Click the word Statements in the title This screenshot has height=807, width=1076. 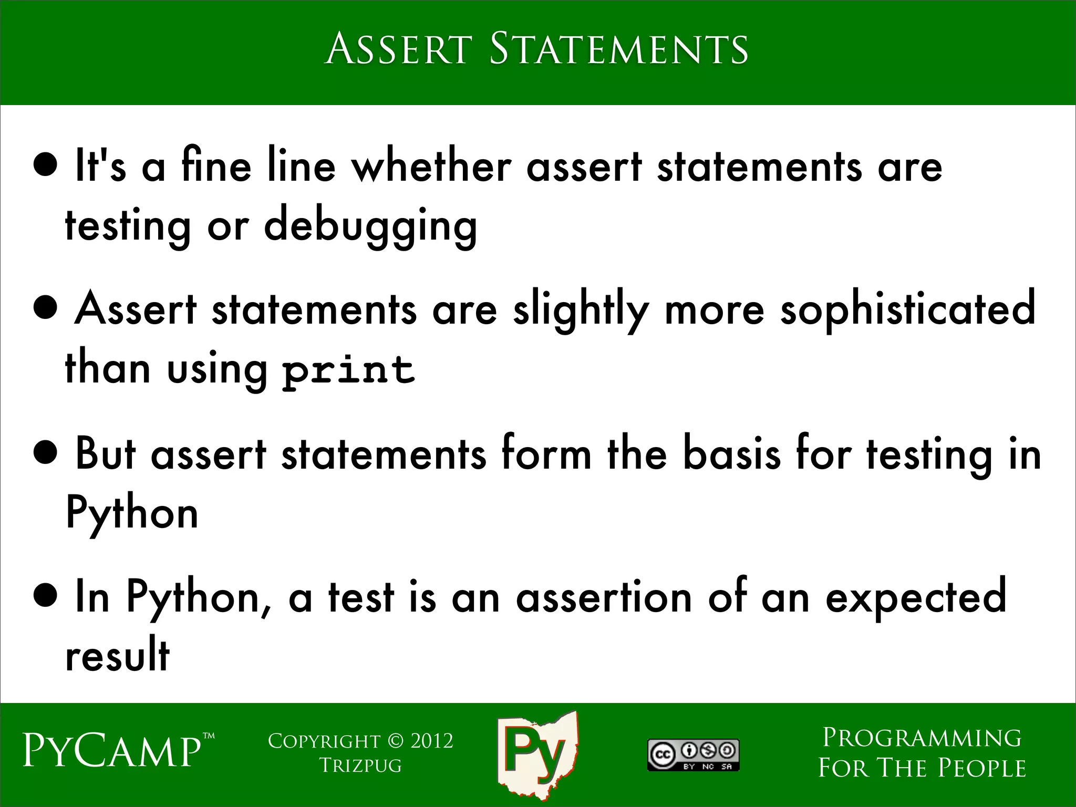618,49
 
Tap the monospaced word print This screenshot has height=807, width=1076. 348,369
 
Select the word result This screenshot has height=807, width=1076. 117,655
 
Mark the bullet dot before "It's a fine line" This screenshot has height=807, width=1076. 45,167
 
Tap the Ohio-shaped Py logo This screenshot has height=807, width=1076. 537,755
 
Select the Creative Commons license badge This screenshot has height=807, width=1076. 693,755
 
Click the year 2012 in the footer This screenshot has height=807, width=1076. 431,741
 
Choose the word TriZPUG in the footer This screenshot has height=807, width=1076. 360,765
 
